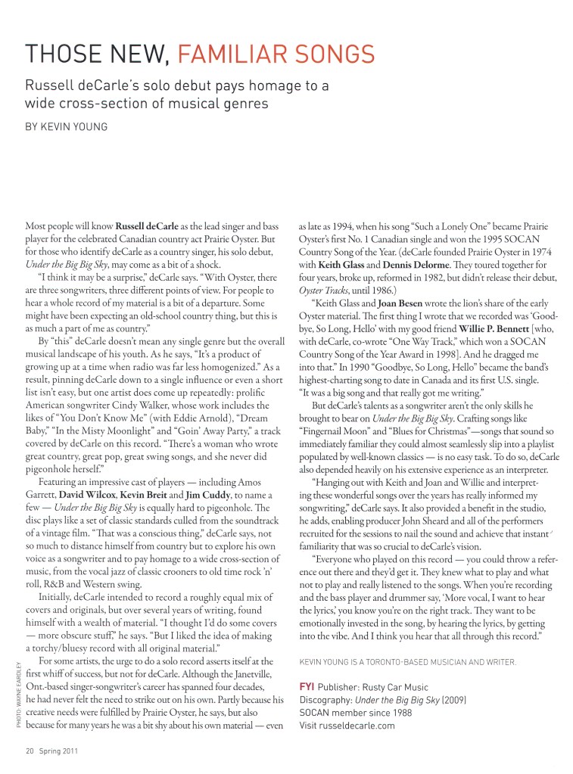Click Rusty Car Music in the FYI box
[393, 687]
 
